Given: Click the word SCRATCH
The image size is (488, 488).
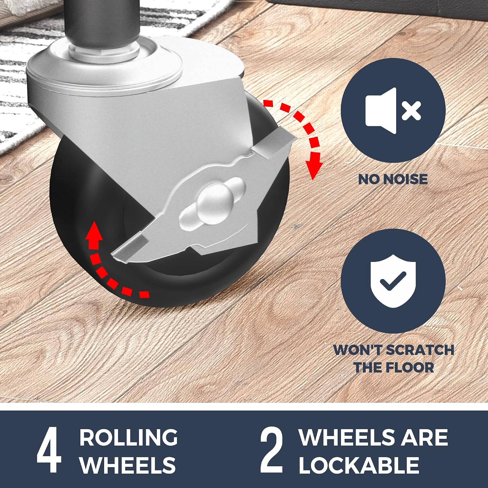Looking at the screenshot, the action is coord(420,350).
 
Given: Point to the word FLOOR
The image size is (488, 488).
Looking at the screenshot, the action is coord(410,368).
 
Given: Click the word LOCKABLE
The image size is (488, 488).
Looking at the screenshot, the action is coord(359,465).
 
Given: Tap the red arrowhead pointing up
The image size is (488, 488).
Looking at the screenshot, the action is coord(94,231).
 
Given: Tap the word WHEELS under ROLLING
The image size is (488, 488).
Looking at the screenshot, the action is coord(128,465).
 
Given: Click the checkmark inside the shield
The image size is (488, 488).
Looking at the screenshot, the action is coord(393,280).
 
